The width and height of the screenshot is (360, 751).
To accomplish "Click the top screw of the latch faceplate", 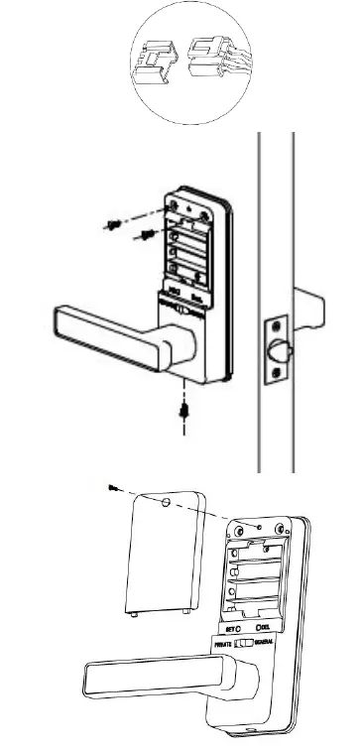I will click(x=273, y=328).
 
